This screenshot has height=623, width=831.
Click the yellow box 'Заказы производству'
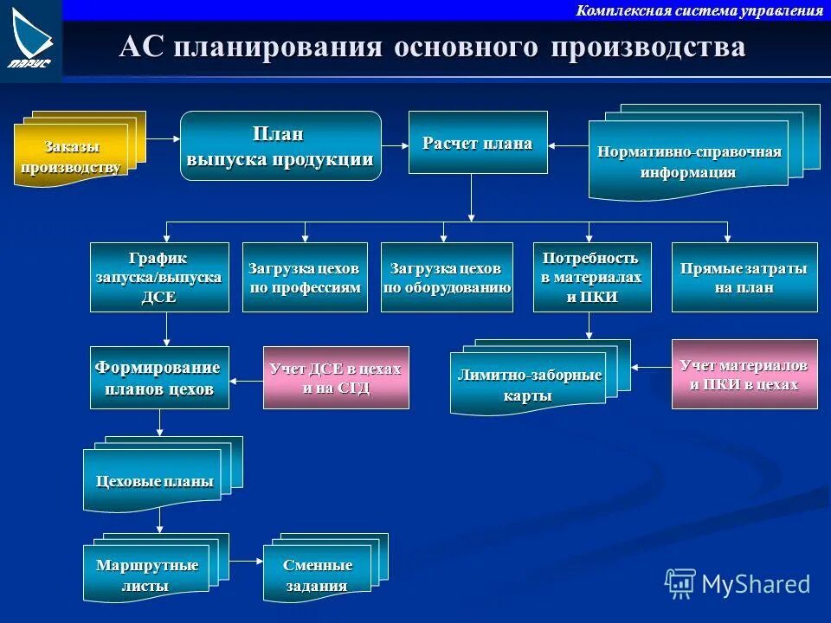[x=70, y=155]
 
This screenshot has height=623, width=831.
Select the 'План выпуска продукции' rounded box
[x=280, y=145]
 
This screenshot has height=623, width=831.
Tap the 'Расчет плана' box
[x=478, y=143]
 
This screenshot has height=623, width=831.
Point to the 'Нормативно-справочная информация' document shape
[x=689, y=161]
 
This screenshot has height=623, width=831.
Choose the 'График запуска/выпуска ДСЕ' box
[x=159, y=277]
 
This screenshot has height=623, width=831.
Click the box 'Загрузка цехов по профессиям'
[x=305, y=277]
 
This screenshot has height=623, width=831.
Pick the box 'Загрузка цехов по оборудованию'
[x=447, y=277]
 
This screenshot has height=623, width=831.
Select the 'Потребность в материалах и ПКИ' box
[x=589, y=277]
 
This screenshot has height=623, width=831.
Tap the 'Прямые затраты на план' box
[x=744, y=277]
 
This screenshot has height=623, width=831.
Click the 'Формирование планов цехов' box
[x=159, y=377]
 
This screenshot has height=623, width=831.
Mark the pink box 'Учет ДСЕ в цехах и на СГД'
[x=336, y=377]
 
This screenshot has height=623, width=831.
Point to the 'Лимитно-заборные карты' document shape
[x=528, y=384]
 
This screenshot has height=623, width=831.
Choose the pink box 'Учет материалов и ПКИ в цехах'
[x=744, y=374]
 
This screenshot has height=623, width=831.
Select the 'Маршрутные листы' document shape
[x=146, y=575]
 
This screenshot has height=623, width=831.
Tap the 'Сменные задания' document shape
[x=318, y=575]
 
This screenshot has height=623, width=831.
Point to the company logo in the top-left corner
[x=31, y=39]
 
